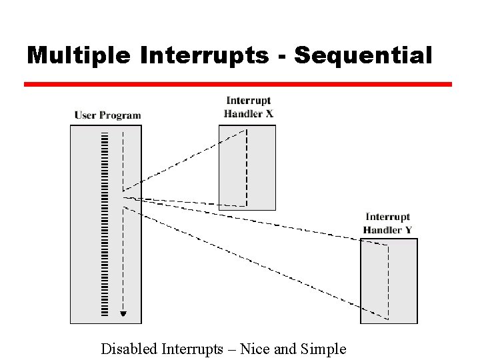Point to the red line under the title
(x=237, y=85)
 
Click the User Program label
(x=107, y=115)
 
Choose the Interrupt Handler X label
(x=249, y=107)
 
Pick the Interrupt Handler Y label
(x=388, y=223)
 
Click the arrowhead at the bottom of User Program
(x=123, y=313)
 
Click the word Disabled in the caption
(x=127, y=348)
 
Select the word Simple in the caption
(x=325, y=348)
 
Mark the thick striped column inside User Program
(x=105, y=223)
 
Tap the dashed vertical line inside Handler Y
(x=387, y=280)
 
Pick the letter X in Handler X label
(x=269, y=113)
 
